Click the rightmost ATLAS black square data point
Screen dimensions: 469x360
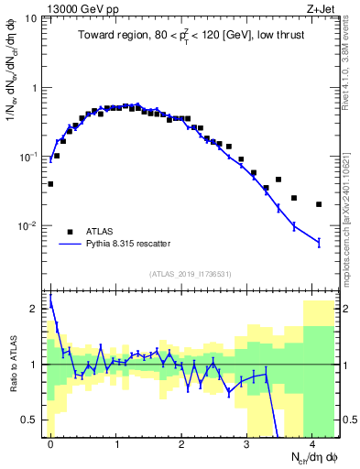point(319,204)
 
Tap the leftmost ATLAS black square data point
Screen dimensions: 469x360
point(50,184)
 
